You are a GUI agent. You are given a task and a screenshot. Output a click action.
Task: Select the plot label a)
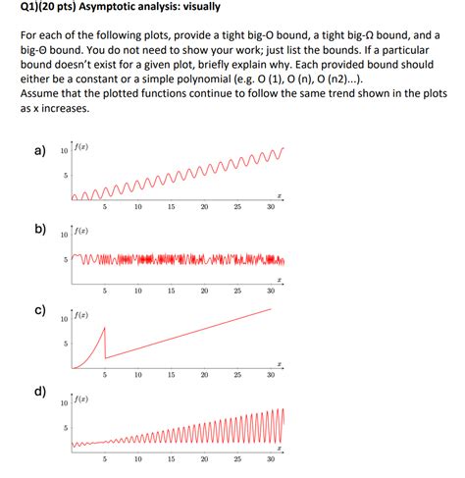(40, 151)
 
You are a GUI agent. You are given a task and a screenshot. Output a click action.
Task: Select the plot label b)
(40, 231)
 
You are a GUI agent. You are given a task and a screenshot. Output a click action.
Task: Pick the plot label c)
(40, 312)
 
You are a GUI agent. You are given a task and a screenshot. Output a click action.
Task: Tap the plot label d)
(40, 393)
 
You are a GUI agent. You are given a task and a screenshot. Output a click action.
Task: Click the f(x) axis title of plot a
(85, 149)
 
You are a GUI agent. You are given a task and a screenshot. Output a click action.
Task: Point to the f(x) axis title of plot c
(85, 317)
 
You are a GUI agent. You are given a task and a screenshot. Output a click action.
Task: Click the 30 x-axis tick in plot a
(271, 208)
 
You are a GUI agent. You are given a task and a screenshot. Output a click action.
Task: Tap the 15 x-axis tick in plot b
(171, 292)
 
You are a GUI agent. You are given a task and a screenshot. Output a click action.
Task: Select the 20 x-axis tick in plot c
(204, 375)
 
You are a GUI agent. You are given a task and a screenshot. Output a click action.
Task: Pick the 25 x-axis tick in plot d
(237, 459)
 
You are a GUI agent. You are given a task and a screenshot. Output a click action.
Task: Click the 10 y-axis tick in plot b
(64, 236)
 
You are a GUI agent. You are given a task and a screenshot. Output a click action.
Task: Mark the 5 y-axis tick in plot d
(66, 428)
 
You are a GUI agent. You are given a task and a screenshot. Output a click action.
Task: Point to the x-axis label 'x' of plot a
(280, 196)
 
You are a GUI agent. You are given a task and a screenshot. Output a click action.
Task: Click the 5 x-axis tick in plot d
(105, 459)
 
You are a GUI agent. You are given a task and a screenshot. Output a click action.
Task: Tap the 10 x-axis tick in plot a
(138, 208)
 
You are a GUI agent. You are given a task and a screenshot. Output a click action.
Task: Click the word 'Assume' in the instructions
(42, 96)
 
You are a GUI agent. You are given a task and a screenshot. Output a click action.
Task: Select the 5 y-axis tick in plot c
(66, 344)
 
